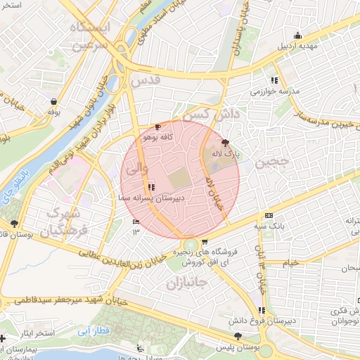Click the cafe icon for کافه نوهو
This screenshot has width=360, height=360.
pos(157,127)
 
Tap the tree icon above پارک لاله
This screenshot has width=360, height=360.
pos(225,142)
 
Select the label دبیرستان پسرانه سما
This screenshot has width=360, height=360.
pos(151,199)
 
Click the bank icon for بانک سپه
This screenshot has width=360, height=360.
pos(269,216)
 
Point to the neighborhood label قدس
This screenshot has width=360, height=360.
pos(146,81)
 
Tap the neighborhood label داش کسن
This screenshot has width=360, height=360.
pos(212,113)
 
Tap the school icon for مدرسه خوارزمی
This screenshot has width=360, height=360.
pos(274,80)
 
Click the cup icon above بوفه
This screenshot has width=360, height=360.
pos(53,101)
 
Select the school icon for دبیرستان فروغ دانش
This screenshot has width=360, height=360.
pos(262,310)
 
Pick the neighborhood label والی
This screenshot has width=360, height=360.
pos(135,169)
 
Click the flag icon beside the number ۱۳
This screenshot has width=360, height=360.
pos(136,223)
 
